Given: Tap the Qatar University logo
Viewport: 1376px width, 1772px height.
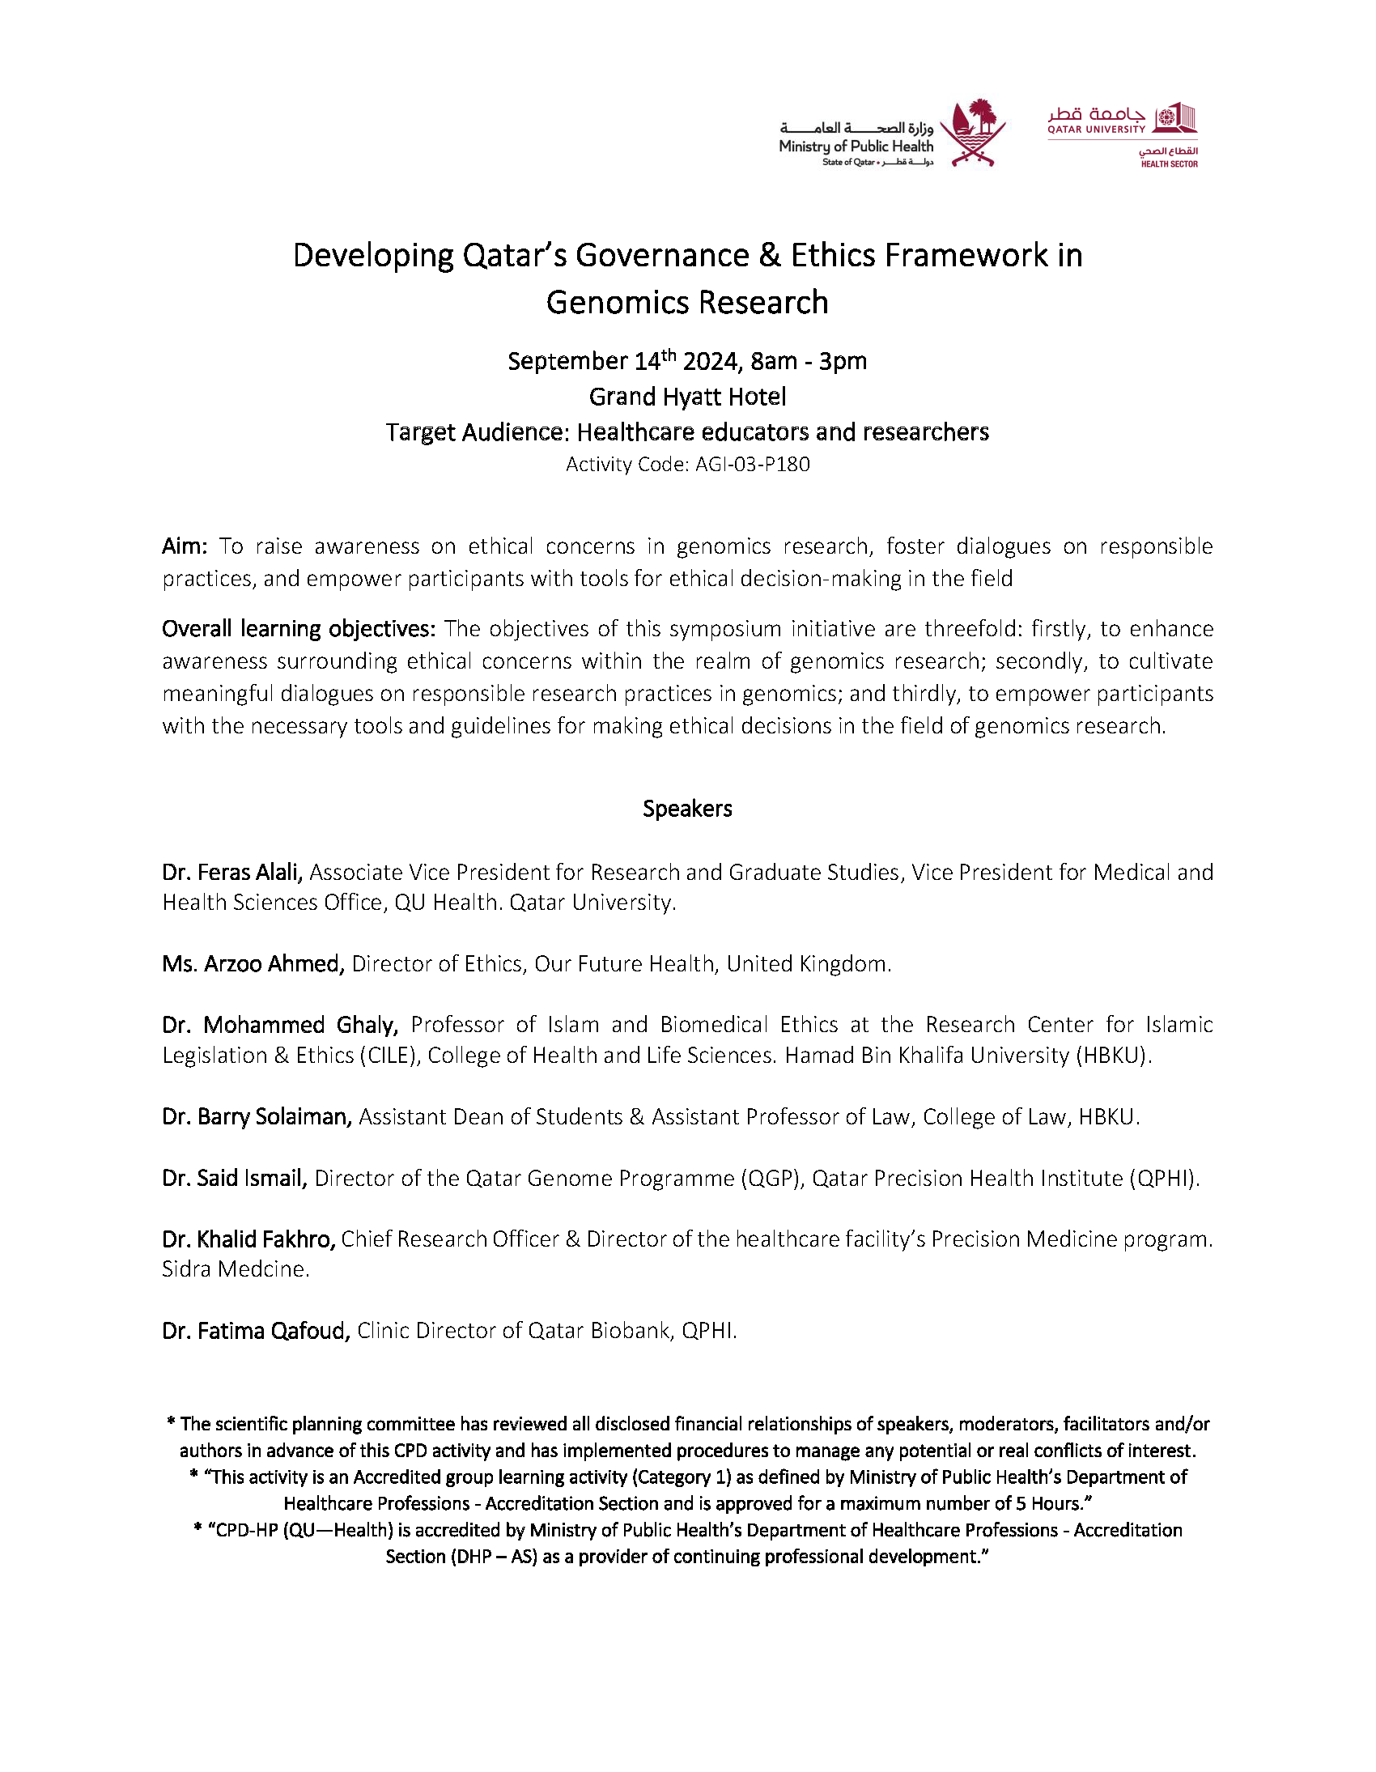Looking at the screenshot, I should point(1122,134).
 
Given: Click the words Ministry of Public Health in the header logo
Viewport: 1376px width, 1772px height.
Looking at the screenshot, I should point(856,147).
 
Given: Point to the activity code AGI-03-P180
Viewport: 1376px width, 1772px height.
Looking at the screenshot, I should point(753,465).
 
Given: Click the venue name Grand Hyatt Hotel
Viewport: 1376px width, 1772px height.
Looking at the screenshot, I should point(687,397).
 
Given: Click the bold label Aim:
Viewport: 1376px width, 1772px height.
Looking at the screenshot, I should point(185,546).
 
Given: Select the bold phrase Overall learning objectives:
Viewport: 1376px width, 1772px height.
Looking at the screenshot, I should point(299,629).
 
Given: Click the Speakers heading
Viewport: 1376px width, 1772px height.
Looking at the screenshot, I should point(687,808).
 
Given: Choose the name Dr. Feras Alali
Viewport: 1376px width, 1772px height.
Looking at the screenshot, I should point(232,872).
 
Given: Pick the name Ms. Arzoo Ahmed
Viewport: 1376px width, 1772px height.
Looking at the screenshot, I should point(253,964).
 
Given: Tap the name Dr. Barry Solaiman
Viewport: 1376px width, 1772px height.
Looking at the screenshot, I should point(257,1117).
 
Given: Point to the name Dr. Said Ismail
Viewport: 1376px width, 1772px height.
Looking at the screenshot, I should point(235,1178).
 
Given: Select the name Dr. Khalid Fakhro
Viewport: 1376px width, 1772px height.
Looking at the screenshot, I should point(248,1239).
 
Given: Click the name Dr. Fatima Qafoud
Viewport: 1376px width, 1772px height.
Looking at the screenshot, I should point(256,1331).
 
